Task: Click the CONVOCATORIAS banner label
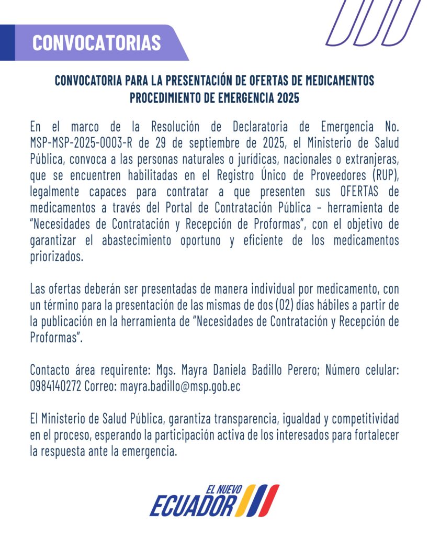pos(96,43)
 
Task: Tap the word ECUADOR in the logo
pos(193,506)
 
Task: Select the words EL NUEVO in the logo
pos(224,490)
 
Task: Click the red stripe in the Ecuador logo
pos(270,500)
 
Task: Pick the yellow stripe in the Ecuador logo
pos(247,500)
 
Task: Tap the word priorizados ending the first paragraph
pos(57,258)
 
